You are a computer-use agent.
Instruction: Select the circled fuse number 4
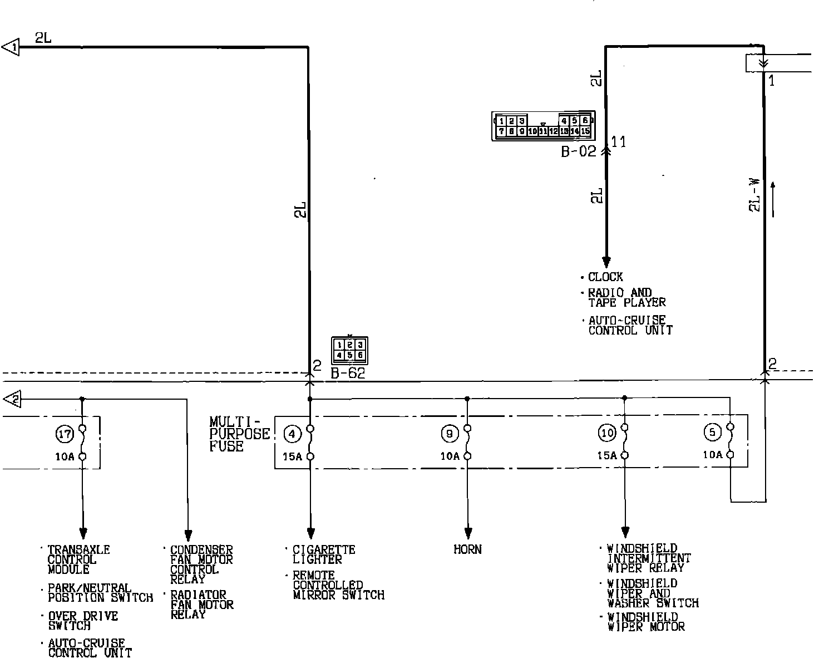292,433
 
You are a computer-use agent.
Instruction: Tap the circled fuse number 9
449,433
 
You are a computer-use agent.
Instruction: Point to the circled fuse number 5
712,431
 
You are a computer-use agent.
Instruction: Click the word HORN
467,549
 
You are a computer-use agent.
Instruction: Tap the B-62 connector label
348,374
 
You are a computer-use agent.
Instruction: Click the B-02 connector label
578,151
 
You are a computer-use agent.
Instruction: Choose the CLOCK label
605,277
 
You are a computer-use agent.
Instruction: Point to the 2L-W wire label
754,195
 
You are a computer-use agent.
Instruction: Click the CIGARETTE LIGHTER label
324,554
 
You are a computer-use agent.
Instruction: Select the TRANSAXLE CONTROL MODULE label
78,559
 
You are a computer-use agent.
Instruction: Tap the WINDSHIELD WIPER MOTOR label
645,622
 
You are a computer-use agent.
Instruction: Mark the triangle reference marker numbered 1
11,47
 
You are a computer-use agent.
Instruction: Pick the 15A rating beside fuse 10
606,455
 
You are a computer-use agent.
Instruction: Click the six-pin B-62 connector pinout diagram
349,350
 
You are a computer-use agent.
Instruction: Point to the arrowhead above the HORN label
468,532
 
